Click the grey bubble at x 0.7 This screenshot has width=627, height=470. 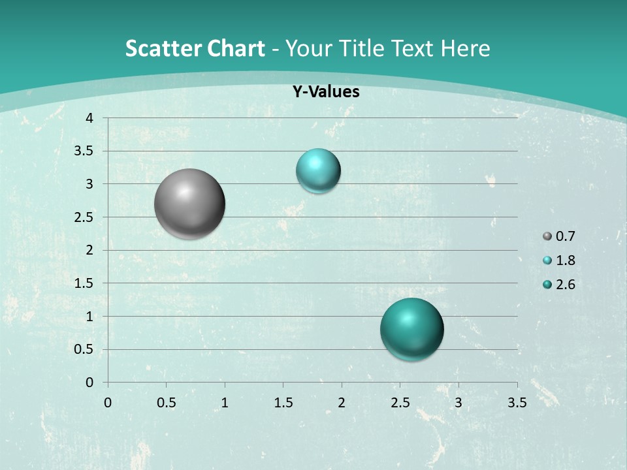coord(190,204)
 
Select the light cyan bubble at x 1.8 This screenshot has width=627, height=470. coord(318,170)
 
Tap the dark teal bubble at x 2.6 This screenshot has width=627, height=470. coord(412,329)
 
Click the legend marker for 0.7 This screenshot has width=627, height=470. coord(547,236)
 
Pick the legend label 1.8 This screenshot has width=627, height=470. coord(565,260)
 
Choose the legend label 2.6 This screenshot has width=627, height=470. coord(565,285)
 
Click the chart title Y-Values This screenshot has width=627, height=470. coord(326,92)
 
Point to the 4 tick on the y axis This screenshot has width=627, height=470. coord(89,118)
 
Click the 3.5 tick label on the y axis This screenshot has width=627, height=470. coord(84,151)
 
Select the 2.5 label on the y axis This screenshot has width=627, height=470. coord(84,217)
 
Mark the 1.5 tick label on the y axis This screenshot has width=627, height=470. coord(84,283)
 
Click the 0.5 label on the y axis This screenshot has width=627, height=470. coord(84,349)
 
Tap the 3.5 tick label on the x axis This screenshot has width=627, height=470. coord(517,403)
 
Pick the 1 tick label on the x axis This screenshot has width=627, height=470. coord(225,403)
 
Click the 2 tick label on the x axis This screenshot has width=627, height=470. coord(342,403)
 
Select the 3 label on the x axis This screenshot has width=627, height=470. coord(458,403)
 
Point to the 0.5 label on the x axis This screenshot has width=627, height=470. coord(166,403)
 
